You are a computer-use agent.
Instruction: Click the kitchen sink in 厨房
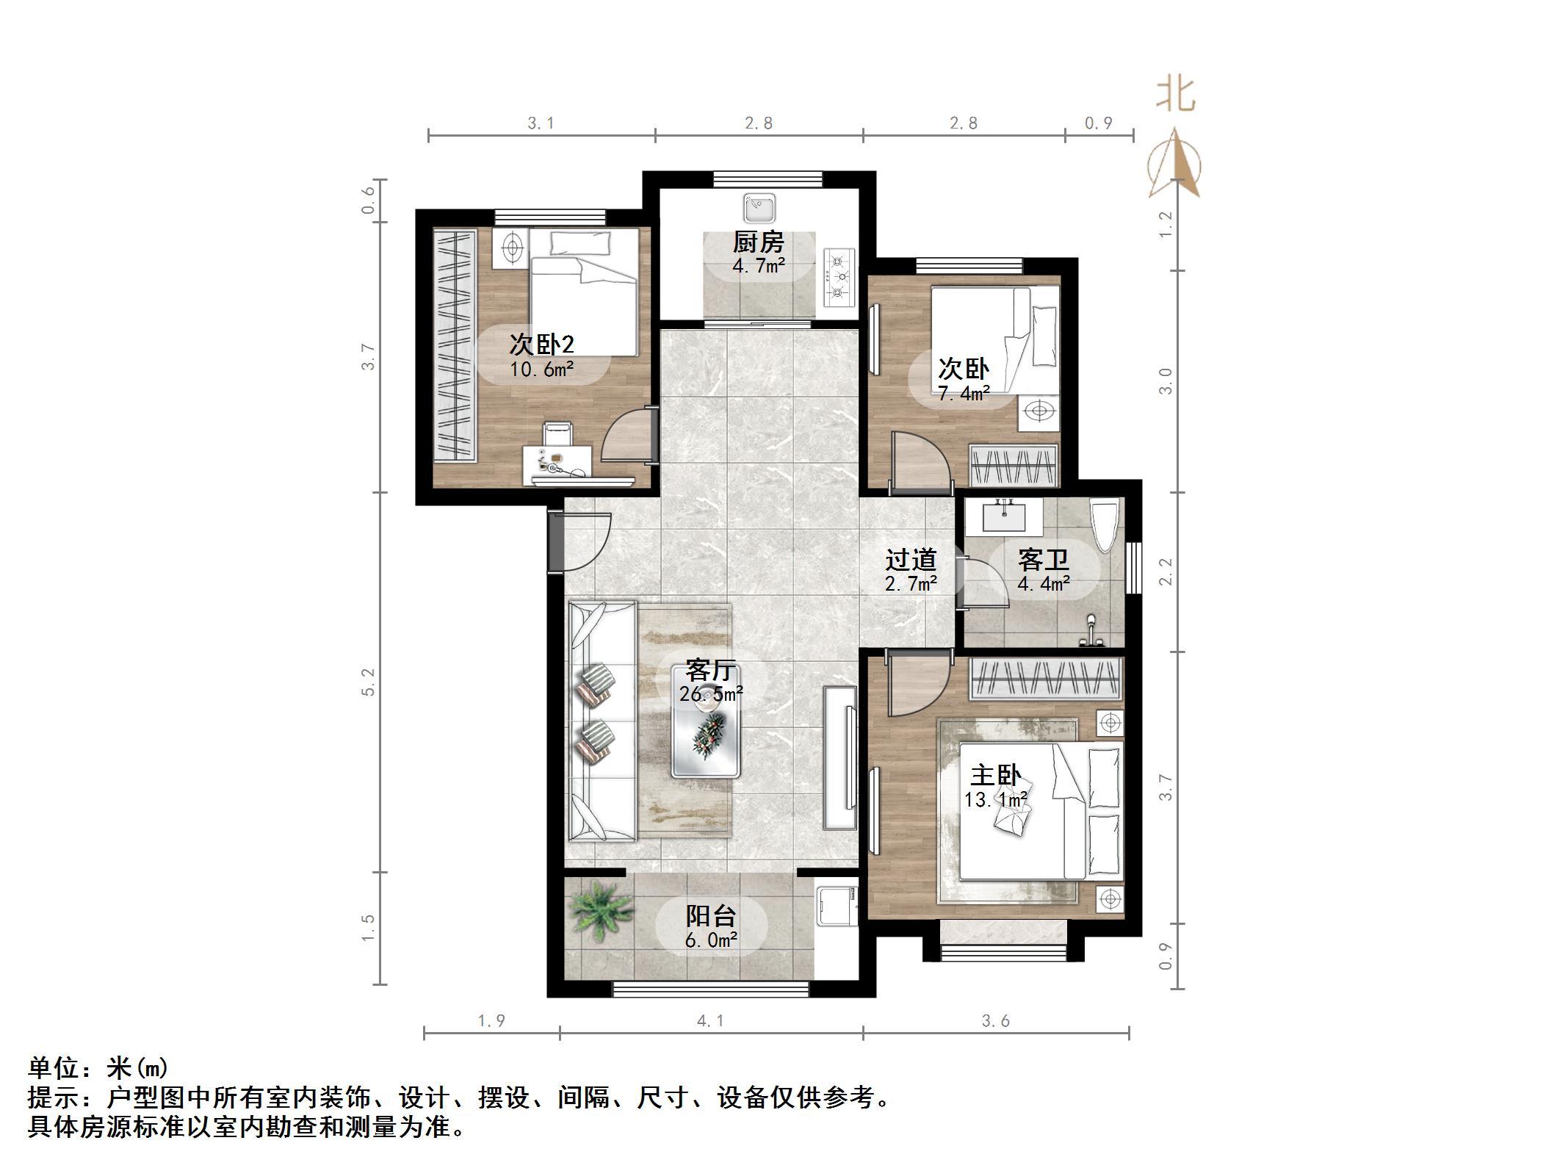[759, 208]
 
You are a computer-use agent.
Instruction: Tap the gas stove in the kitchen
[841, 278]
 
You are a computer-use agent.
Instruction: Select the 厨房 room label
[759, 242]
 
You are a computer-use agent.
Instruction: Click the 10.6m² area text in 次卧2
[541, 369]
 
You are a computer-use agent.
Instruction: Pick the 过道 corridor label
[911, 560]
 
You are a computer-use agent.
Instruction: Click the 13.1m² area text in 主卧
[995, 799]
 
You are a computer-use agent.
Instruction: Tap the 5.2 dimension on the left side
[369, 682]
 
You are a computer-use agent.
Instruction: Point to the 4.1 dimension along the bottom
[710, 1020]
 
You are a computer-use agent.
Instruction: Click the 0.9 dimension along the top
[1099, 123]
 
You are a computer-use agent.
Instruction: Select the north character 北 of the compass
[1175, 95]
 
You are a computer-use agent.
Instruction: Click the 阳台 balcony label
[710, 915]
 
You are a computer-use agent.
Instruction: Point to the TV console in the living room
[839, 757]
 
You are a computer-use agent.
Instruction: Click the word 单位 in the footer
[54, 1067]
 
